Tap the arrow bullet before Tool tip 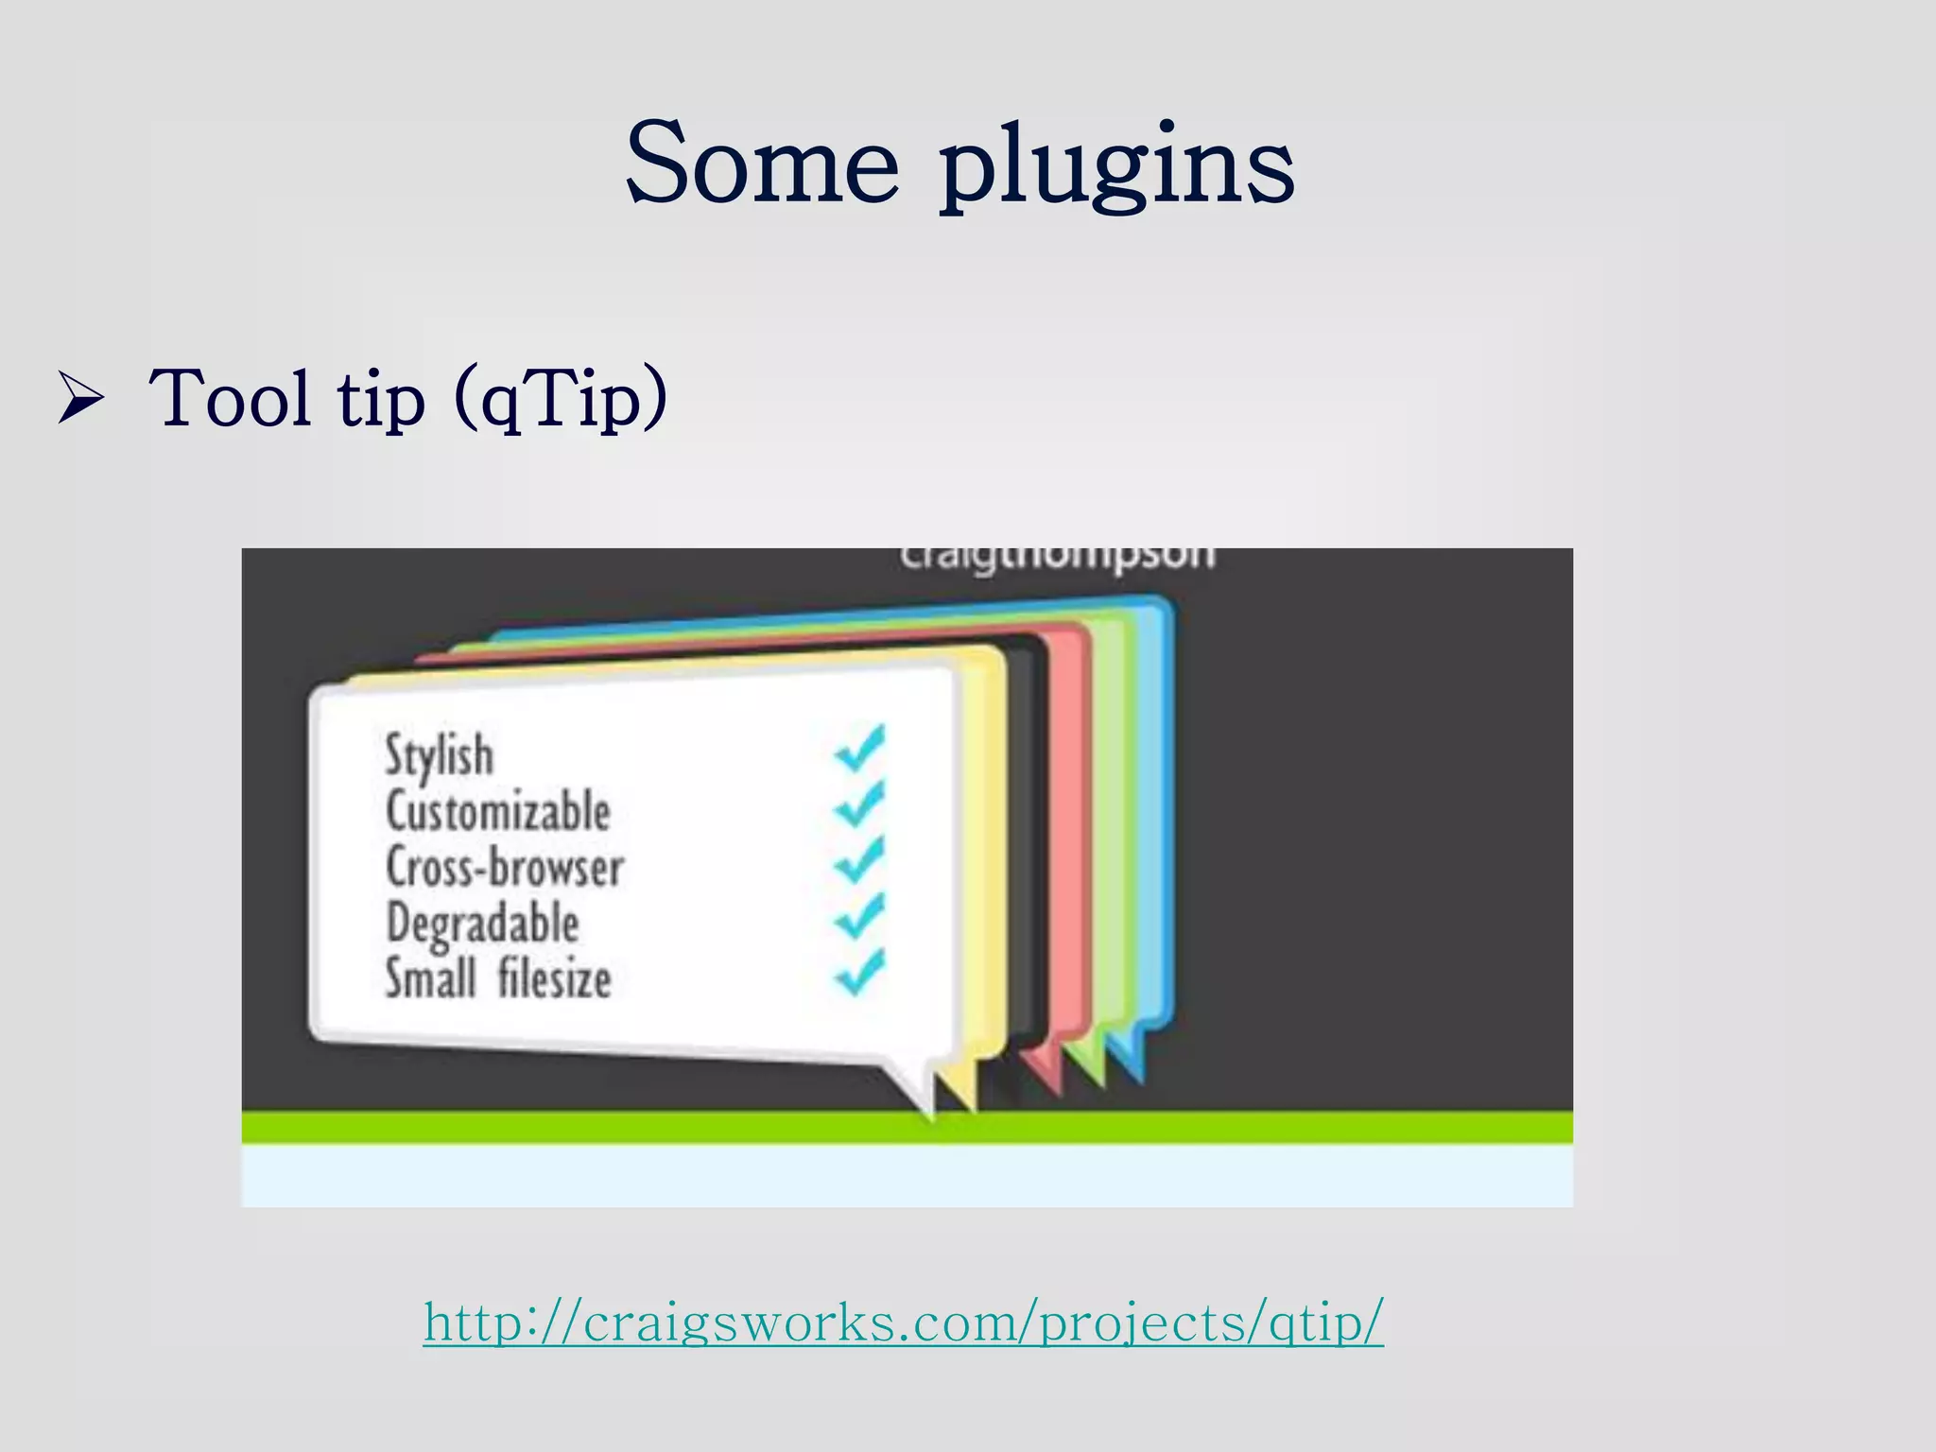(79, 398)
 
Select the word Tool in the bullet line (230, 398)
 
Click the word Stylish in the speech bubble (440, 754)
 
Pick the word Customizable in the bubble (498, 811)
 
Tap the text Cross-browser (505, 867)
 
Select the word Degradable (483, 923)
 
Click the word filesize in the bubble (555, 977)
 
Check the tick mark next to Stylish (860, 748)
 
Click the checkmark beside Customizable (860, 804)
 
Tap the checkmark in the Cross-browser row (860, 859)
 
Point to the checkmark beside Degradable (860, 915)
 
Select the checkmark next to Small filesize (860, 972)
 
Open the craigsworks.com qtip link (904, 1321)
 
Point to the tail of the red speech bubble (1045, 1068)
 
